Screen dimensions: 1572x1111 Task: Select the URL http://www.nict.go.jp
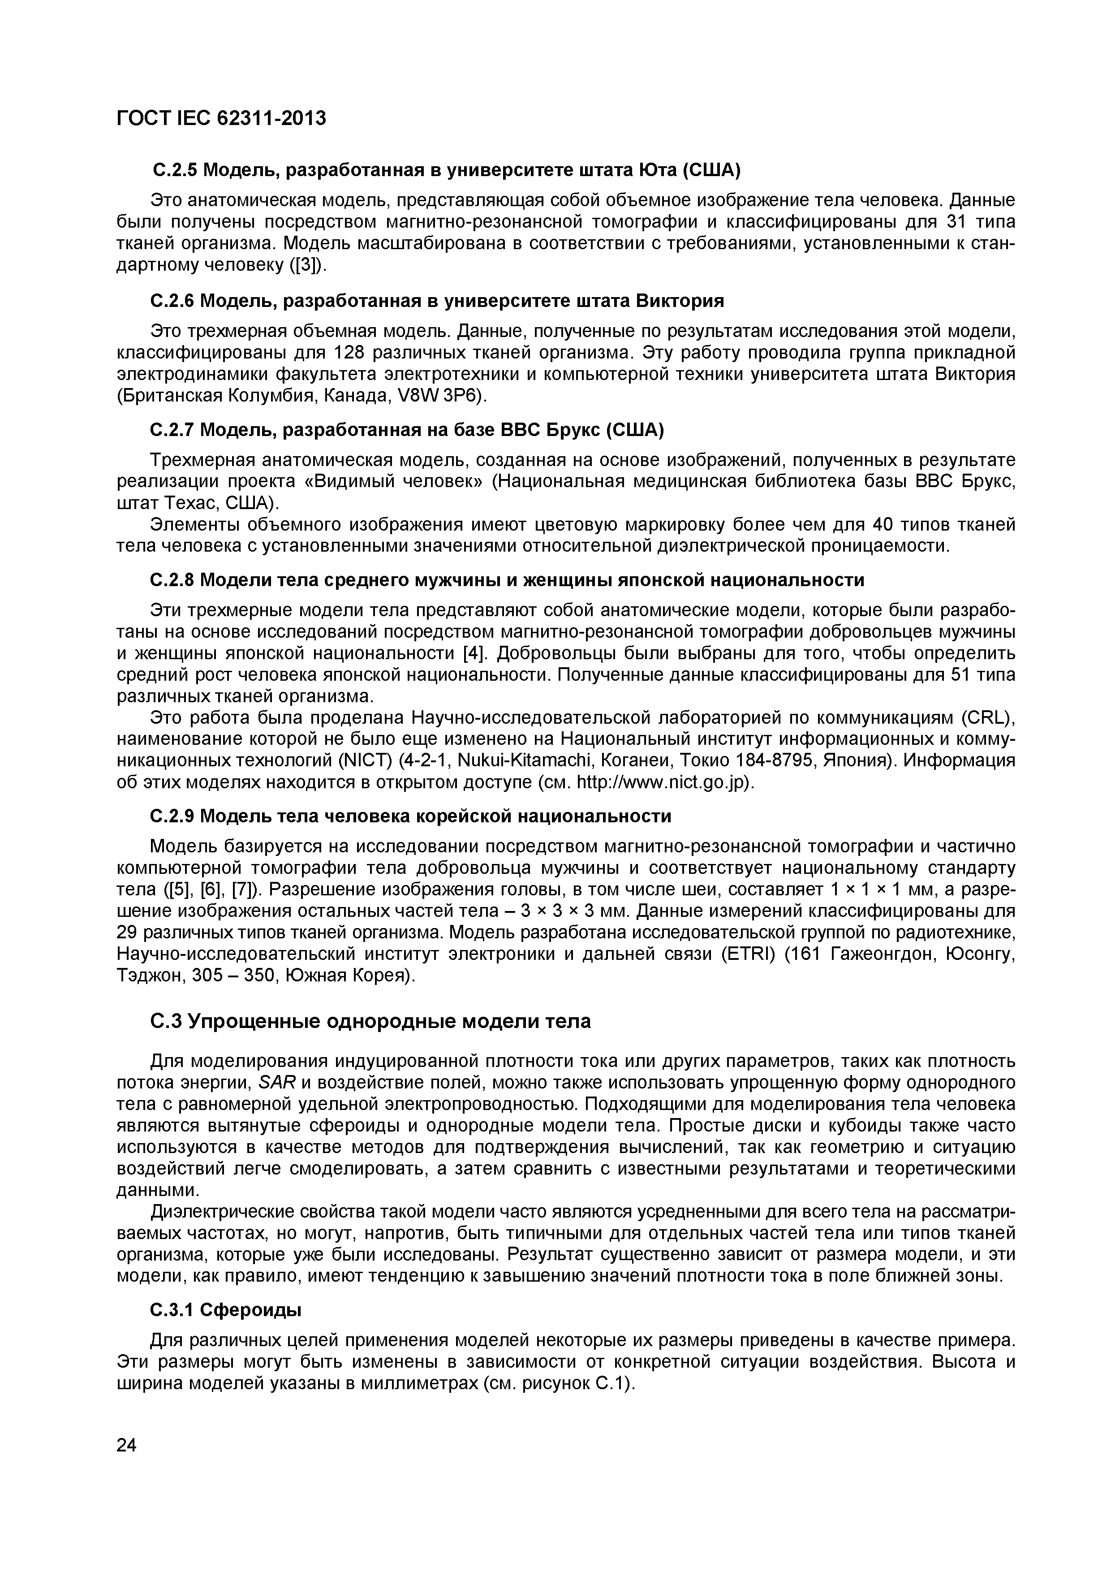[x=663, y=782]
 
